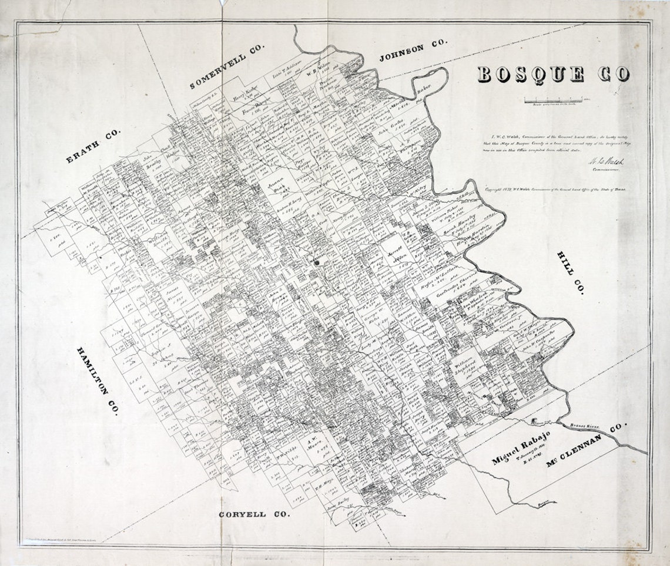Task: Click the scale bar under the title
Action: tap(555, 100)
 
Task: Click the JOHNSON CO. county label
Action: tap(413, 51)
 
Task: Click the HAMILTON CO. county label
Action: tap(98, 380)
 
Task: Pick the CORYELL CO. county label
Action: tap(254, 514)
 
